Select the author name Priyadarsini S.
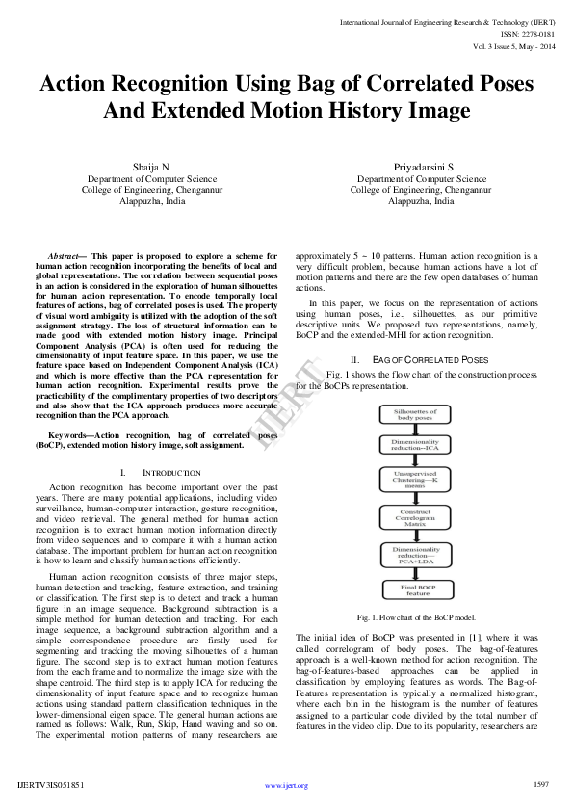(x=417, y=167)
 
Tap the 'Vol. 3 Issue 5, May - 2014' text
(x=514, y=45)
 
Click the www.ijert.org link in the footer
(x=286, y=785)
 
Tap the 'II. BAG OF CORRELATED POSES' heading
(x=418, y=359)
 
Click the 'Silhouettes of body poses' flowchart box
(x=417, y=415)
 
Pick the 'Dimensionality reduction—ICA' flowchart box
(x=417, y=448)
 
